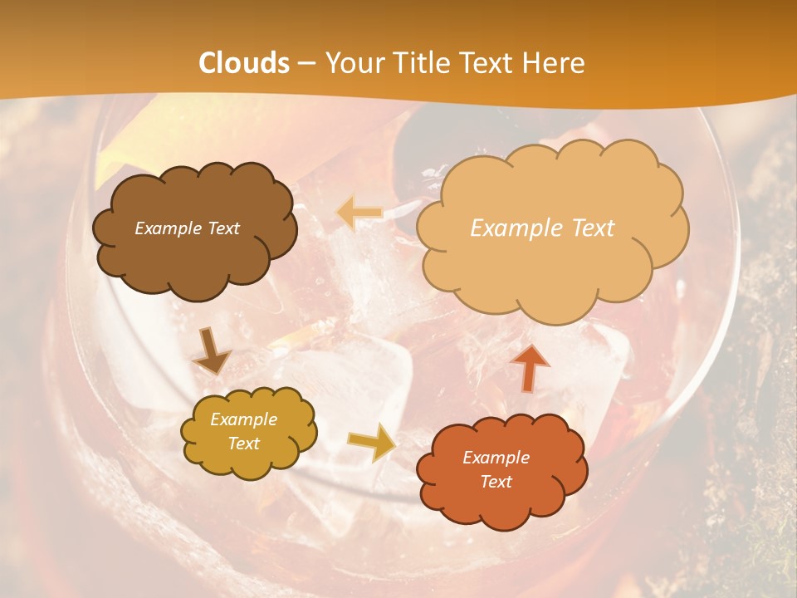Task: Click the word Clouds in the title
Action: point(244,63)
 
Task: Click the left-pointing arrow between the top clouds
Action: point(359,213)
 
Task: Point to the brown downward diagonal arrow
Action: point(211,351)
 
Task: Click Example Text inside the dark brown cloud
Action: point(187,228)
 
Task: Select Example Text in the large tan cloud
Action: point(542,228)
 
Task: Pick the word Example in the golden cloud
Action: point(243,419)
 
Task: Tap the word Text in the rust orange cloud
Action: point(496,482)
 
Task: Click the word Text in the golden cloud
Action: point(243,444)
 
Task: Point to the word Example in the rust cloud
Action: point(496,458)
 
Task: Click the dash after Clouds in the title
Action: point(306,63)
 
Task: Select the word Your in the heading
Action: point(350,63)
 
